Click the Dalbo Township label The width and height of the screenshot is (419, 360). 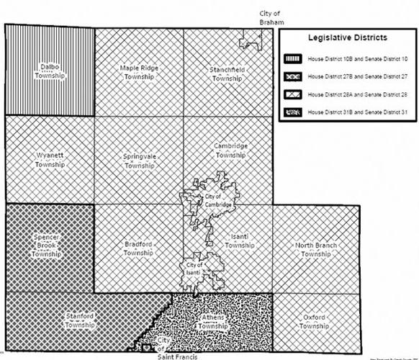coord(50,71)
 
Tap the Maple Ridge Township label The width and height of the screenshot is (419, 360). coord(139,72)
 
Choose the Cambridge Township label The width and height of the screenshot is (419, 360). coord(231,150)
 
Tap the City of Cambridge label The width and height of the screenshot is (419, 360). coord(217,201)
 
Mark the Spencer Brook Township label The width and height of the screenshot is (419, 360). coord(46,245)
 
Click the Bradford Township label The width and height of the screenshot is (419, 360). coord(139,248)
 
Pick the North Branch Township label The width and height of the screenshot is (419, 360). coord(317,249)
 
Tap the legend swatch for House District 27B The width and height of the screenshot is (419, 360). coord(292,75)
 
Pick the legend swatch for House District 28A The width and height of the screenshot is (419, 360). coord(292,94)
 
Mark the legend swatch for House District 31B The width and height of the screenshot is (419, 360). coord(292,112)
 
